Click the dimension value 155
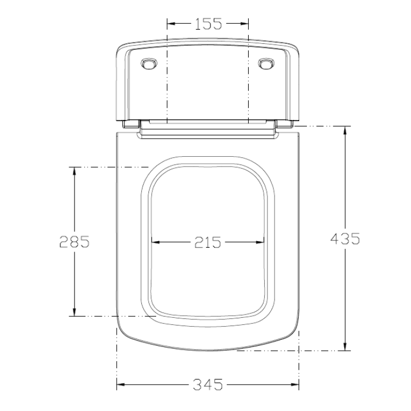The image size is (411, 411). click(x=208, y=24)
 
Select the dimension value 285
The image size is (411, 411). click(x=75, y=242)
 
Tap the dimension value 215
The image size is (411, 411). click(x=208, y=242)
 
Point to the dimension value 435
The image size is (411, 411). click(x=345, y=239)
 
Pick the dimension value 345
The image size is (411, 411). click(x=208, y=385)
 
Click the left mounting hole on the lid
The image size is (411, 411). click(x=149, y=64)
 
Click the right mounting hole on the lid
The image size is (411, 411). click(x=266, y=64)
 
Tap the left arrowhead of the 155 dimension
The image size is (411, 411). click(x=171, y=24)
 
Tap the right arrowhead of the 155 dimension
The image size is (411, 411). click(x=244, y=24)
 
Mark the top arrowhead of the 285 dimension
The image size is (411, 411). click(x=75, y=171)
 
